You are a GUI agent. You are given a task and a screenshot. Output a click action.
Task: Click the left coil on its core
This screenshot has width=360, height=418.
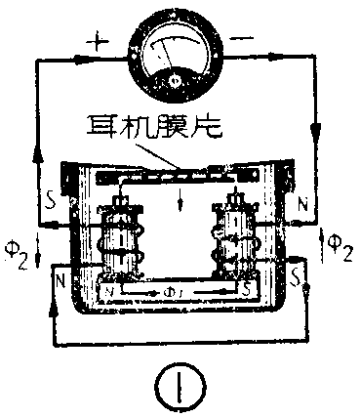click(121, 244)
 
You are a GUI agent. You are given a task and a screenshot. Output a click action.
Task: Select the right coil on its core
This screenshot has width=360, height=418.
click(235, 244)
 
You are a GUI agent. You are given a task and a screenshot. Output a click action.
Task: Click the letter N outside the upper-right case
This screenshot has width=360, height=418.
click(302, 208)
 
